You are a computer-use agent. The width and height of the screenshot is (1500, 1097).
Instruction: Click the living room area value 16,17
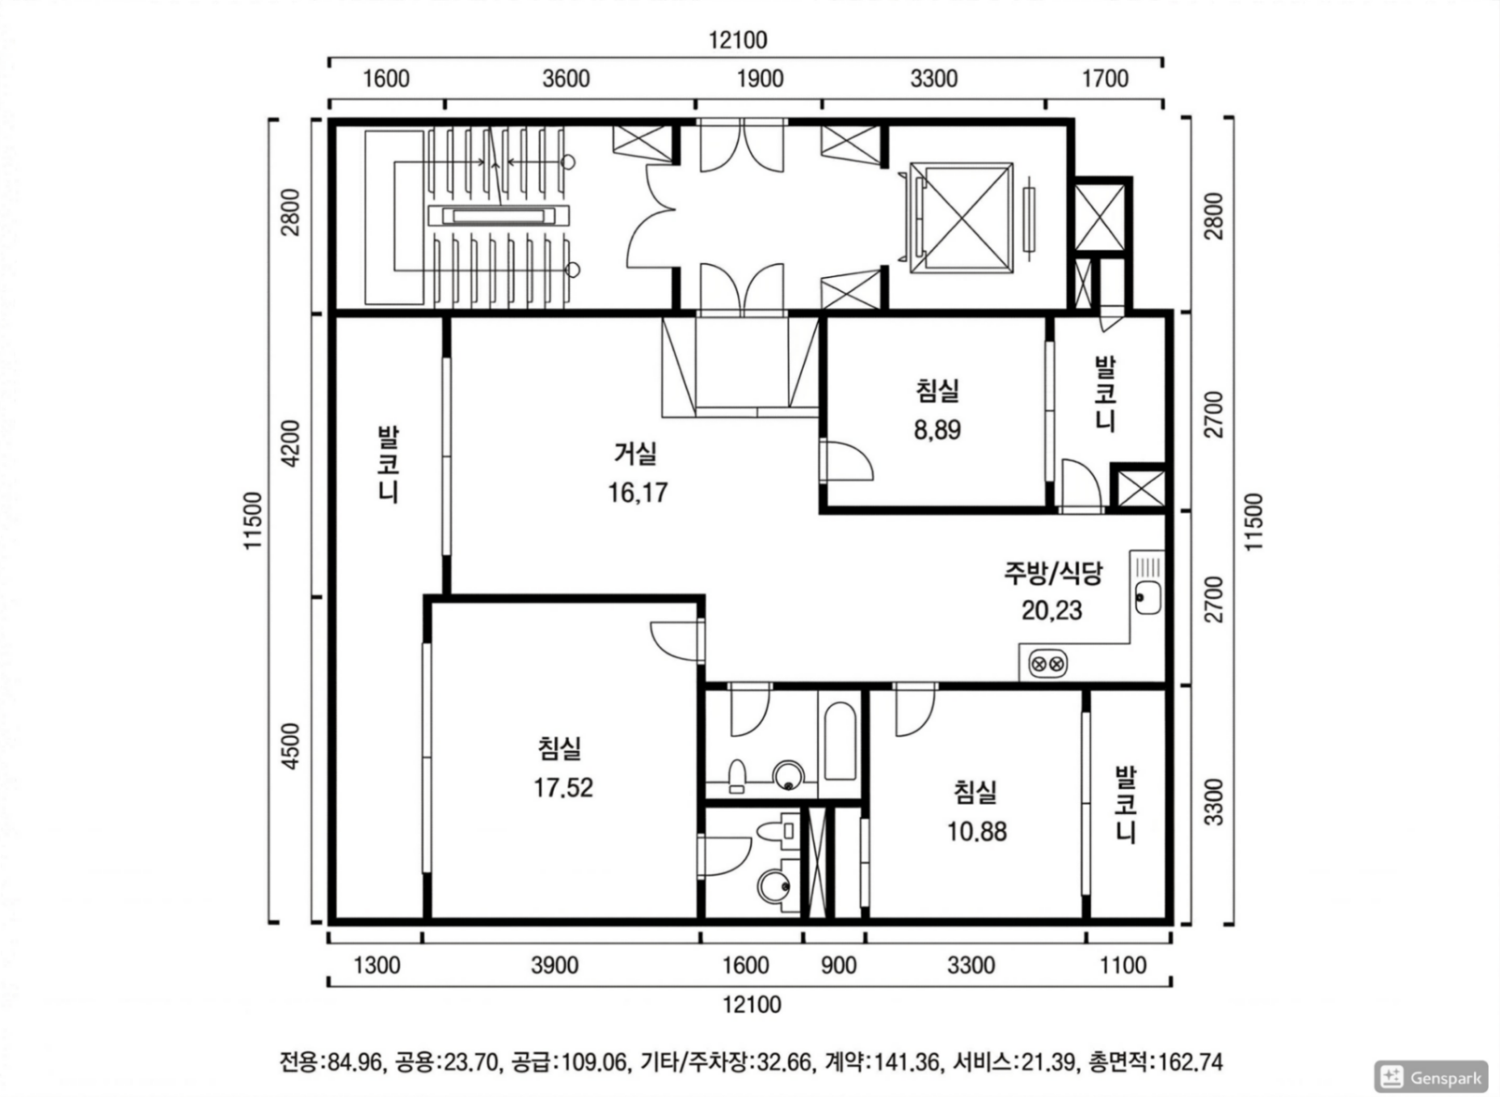[x=638, y=492]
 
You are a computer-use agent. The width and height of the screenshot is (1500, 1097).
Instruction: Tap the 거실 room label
[x=635, y=454]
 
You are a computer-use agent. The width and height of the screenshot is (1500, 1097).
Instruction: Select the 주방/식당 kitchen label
[x=1052, y=573]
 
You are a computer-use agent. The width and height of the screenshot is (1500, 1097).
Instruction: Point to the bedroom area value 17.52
[x=562, y=787]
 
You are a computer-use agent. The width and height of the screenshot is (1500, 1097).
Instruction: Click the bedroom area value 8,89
[x=937, y=430]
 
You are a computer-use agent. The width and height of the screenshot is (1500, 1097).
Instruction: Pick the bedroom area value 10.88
[x=977, y=831]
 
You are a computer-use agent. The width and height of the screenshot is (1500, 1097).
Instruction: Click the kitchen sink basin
[x=1148, y=597]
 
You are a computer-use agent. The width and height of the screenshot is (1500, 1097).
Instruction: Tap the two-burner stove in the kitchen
[x=1047, y=665]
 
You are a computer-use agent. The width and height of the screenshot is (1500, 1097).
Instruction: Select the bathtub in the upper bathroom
[x=840, y=741]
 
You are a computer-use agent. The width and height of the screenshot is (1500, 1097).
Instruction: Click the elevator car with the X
[x=961, y=215]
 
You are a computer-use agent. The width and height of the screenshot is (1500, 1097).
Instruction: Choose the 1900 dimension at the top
[x=761, y=78]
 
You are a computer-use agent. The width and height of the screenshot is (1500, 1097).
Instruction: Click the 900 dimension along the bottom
[x=838, y=965]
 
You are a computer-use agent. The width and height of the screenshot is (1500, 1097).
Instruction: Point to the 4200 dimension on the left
[x=291, y=443]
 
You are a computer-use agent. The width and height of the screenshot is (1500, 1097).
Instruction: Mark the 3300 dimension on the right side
[x=1214, y=803]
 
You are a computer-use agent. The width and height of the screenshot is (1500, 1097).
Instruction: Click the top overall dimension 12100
[x=738, y=40]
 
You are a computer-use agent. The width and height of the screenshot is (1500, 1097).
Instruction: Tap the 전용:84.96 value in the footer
[x=331, y=1061]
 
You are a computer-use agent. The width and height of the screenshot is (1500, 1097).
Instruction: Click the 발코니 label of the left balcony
[x=389, y=465]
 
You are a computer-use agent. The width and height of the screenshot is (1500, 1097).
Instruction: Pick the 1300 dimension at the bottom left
[x=377, y=965]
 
